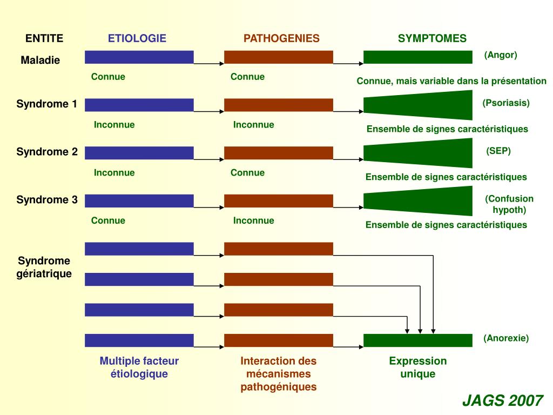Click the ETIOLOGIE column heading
pos(137,38)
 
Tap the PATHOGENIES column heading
pos(281,38)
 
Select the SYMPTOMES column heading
pos(432,38)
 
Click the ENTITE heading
pos(44,38)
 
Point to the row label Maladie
pos(40,60)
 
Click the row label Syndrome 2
pos(47,152)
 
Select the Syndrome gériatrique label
pos(44,267)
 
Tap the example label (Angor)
pos(501,55)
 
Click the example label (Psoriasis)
pos(505,103)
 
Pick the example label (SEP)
pos(498,151)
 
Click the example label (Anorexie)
pos(505,338)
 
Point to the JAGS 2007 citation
pos(503,400)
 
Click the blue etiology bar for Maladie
pos(139,57)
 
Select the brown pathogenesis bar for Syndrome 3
pos(279,201)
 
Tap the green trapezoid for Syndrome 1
pos(418,105)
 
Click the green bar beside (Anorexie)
pos(418,340)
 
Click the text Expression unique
pos(418,367)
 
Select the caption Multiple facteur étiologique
pos(139,367)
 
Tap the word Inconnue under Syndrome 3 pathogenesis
pos(254,220)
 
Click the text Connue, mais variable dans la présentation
pos(451,81)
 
